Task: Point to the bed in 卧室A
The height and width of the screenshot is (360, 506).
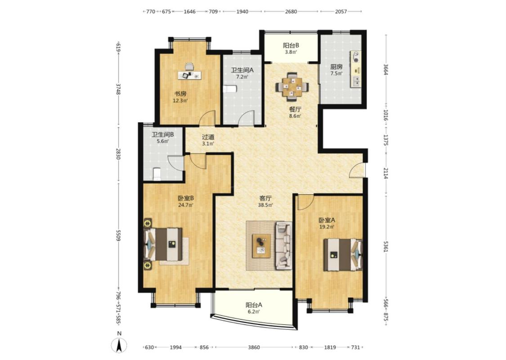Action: pyautogui.click(x=343, y=254)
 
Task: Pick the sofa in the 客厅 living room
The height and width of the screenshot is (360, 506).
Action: pyautogui.click(x=284, y=245)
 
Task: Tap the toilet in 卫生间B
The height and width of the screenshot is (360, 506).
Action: pyautogui.click(x=157, y=174)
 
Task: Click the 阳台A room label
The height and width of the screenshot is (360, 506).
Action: pyautogui.click(x=254, y=305)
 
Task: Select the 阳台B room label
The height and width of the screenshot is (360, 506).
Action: pyautogui.click(x=291, y=45)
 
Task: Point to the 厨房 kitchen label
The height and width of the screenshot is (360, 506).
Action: pyautogui.click(x=336, y=67)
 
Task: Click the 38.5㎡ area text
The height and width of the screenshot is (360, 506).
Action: pyautogui.click(x=265, y=205)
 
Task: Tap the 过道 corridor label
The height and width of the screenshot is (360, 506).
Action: pyautogui.click(x=208, y=137)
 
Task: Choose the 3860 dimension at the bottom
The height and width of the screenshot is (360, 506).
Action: pyautogui.click(x=254, y=347)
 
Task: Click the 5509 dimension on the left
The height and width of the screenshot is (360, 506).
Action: pyautogui.click(x=118, y=235)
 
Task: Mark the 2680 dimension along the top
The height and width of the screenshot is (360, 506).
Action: pyautogui.click(x=291, y=12)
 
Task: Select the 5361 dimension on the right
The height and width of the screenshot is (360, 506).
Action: pyautogui.click(x=385, y=245)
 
